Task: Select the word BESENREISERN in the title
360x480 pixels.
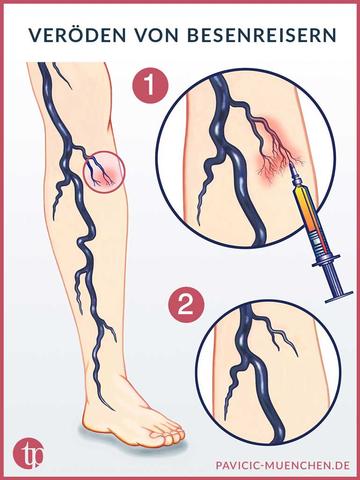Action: (262, 36)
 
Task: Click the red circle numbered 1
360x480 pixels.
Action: (150, 87)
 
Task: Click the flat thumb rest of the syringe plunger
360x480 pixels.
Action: (339, 297)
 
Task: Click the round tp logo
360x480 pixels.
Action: (29, 454)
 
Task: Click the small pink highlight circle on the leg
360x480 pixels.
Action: (104, 171)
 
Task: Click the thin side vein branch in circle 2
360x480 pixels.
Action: (279, 337)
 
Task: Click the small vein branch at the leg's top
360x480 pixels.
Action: (63, 75)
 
